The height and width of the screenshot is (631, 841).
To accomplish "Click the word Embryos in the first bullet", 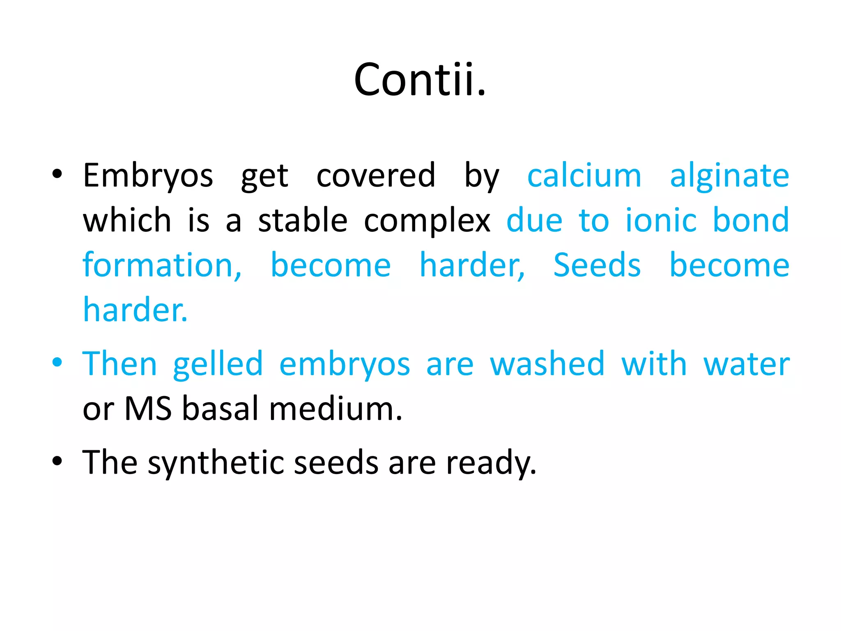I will click(148, 176).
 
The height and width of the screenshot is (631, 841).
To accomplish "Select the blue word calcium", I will click(584, 176).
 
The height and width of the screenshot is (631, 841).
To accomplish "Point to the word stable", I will click(303, 220).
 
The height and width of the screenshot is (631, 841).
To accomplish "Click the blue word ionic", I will click(661, 220).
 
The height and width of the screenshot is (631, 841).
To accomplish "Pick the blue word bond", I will click(751, 220).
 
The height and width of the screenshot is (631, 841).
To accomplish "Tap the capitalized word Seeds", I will click(597, 265).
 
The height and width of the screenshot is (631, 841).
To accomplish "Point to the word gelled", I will click(218, 365).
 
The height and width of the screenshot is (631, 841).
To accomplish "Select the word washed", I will click(547, 364).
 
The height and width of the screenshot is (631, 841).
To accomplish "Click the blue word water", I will click(747, 365).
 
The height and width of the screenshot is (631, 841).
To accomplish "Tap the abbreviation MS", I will click(148, 409).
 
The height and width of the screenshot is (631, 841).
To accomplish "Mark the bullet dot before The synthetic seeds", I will click(57, 461).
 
